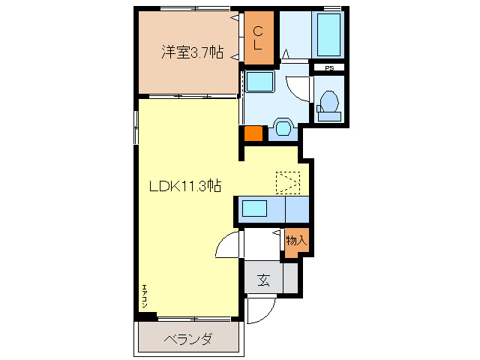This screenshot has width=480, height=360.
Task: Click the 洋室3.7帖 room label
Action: pos(192,52)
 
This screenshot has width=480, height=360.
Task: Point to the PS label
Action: pos(328,69)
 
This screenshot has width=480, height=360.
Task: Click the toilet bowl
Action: pos(328,102)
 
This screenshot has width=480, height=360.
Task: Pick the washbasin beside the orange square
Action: pos(283,127)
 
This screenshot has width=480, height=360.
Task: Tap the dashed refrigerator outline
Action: pos(287,181)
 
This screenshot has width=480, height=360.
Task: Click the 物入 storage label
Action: pos(295,241)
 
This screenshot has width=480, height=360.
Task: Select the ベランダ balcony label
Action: pos(187,339)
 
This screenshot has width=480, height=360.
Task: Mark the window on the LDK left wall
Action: pos(136,127)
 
